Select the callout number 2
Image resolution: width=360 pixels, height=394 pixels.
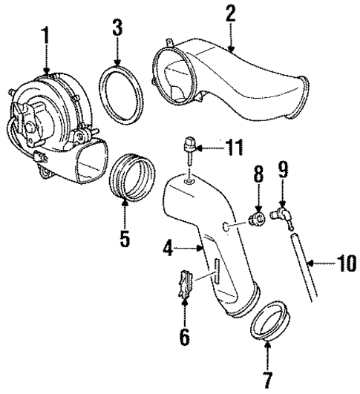click(x=231, y=12)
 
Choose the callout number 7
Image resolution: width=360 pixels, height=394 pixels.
click(x=267, y=378)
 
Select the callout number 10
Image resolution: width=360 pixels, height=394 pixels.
click(x=344, y=262)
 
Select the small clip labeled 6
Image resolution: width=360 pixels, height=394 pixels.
click(x=186, y=285)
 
